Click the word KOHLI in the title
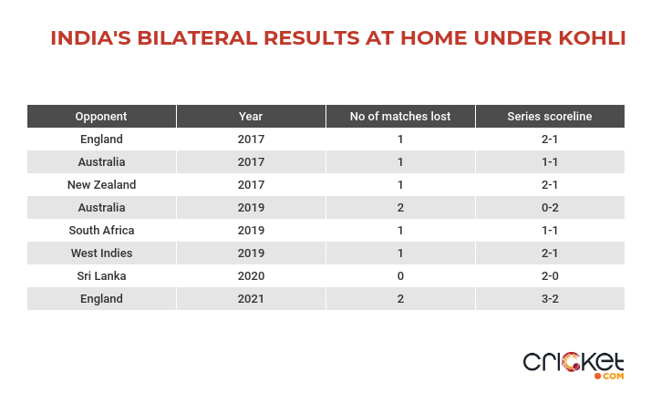click(592, 38)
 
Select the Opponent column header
click(101, 116)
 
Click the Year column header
click(251, 116)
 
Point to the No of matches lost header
click(400, 116)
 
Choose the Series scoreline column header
click(550, 116)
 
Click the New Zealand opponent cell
click(101, 185)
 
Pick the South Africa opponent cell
click(101, 231)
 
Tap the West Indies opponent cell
click(101, 253)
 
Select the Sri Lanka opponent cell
click(101, 276)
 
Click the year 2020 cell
click(251, 276)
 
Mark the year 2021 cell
click(251, 299)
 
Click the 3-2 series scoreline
click(550, 299)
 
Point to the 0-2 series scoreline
click(550, 208)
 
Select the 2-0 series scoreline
click(550, 276)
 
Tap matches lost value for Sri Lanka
click(400, 276)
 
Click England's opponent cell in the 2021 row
click(101, 299)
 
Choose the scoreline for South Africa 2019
click(550, 231)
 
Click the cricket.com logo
click(573, 366)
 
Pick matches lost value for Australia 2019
click(400, 208)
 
